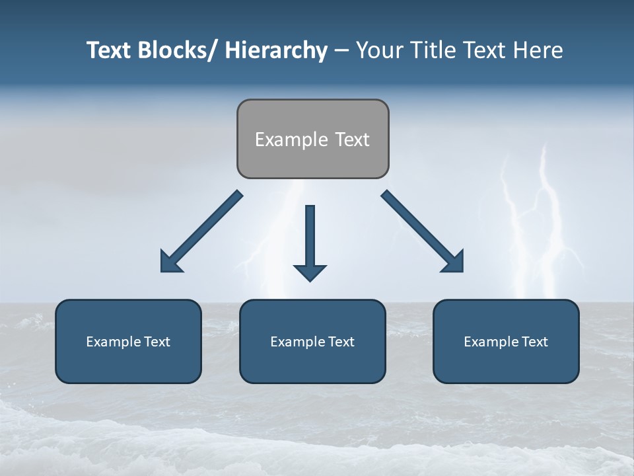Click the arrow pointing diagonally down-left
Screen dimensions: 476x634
[x=202, y=231]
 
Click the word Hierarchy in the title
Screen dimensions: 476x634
[x=276, y=50]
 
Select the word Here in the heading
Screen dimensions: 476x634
[x=540, y=50]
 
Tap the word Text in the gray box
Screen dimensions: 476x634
[x=351, y=139]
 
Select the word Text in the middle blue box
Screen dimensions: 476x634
[x=338, y=342]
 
